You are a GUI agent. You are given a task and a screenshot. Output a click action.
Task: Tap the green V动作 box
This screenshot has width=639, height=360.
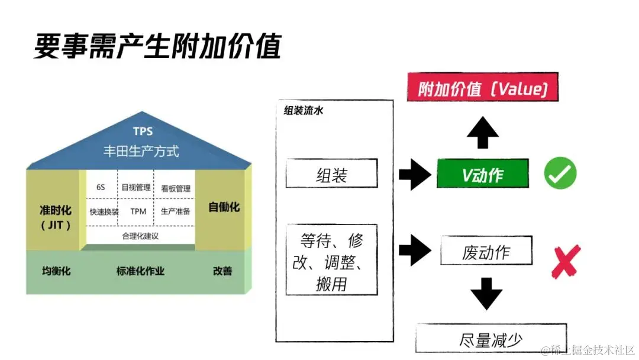[x=482, y=173]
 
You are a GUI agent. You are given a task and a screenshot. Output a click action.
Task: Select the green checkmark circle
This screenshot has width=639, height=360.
[x=560, y=173]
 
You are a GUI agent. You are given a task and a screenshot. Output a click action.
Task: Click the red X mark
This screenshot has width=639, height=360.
[x=565, y=261]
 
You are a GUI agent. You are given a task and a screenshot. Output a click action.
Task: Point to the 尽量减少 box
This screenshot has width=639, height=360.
[x=490, y=339]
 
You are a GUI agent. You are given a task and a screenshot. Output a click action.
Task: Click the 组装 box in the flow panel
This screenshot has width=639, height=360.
[x=331, y=173]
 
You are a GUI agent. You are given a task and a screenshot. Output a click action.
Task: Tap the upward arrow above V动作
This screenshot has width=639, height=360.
[x=482, y=133]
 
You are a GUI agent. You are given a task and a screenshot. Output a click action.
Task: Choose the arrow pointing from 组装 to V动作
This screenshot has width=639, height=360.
[x=415, y=174]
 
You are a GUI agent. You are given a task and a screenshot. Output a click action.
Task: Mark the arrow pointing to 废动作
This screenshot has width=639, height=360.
[x=415, y=250]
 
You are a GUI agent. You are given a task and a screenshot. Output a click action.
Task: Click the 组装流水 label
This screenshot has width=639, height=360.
[x=303, y=111]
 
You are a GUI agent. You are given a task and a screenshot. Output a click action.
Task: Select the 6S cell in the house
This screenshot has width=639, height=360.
[x=101, y=187]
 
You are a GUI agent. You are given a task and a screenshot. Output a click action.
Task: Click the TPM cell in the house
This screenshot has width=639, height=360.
[x=138, y=211]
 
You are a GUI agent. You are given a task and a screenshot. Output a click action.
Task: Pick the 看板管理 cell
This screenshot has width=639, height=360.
[x=176, y=188]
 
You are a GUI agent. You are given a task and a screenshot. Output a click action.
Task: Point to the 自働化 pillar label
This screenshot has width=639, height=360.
[x=224, y=207]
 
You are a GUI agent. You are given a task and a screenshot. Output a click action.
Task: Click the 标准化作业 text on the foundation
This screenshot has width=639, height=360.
[x=140, y=271]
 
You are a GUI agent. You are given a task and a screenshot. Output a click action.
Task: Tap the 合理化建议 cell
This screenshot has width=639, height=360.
[x=140, y=236]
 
